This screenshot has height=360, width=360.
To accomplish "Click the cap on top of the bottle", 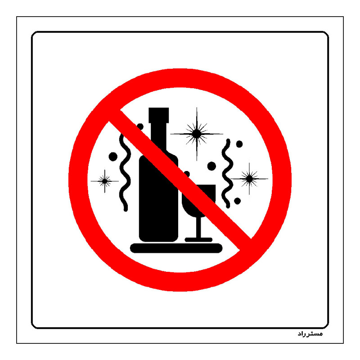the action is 159,115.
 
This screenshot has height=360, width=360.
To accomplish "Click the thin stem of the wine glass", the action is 199,227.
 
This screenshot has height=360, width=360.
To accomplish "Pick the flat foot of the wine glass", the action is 198,240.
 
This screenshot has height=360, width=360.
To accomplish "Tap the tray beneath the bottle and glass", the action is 176,248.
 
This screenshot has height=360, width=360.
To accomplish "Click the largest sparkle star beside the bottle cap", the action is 197,134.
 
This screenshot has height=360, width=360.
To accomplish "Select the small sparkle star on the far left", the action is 105,181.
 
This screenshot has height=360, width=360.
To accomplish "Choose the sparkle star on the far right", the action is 249,179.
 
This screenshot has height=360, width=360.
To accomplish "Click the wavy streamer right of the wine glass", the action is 227,174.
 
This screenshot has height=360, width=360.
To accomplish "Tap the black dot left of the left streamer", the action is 113,157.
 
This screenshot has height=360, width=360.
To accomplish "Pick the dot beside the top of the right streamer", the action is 239,144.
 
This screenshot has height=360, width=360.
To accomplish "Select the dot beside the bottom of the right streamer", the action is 238,201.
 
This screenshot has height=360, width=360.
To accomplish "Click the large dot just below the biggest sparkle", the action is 211,166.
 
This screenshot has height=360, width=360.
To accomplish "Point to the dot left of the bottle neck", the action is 140,126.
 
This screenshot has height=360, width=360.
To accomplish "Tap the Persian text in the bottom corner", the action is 310,334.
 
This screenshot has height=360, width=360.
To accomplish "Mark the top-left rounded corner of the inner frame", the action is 33,33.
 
